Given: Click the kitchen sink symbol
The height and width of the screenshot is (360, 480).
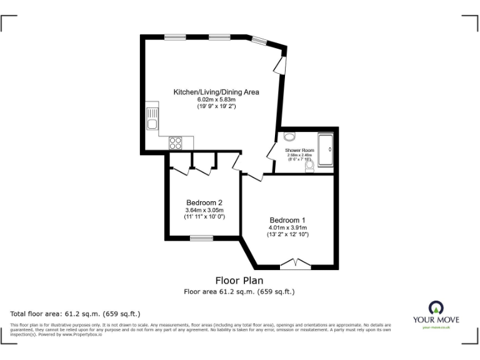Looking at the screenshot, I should click(x=152, y=117).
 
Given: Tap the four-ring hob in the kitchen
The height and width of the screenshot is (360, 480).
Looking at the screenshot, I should click(x=176, y=143).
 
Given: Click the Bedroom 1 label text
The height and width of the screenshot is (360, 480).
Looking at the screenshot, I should click(x=287, y=220).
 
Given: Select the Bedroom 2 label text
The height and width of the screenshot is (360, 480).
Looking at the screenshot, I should click(x=204, y=202).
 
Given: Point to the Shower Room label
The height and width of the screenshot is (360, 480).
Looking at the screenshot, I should click(x=299, y=151).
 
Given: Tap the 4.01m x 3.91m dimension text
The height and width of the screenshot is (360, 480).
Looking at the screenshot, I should click(x=287, y=227).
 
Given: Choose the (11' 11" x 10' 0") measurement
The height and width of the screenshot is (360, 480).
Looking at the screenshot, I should click(x=204, y=217).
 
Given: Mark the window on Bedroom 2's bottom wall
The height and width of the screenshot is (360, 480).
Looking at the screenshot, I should click(x=201, y=237).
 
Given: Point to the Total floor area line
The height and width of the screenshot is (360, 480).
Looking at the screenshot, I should click(x=76, y=313).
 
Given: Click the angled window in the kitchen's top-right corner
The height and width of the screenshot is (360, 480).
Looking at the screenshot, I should click(x=259, y=41).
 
